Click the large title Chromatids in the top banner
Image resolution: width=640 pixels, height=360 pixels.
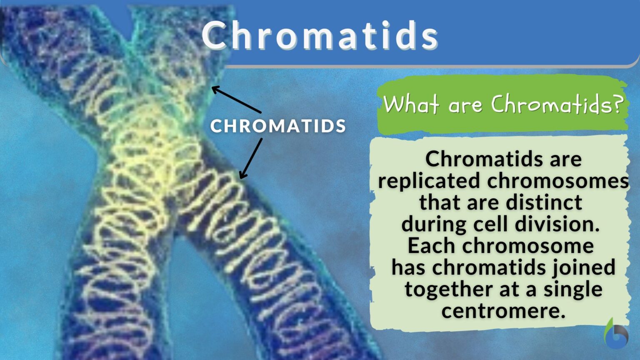pos(320,35)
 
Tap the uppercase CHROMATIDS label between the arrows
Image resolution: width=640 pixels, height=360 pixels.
pos(278,126)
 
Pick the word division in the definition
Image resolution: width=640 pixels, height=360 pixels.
pos(557,224)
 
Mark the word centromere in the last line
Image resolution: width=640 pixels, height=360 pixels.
pos(503,311)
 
